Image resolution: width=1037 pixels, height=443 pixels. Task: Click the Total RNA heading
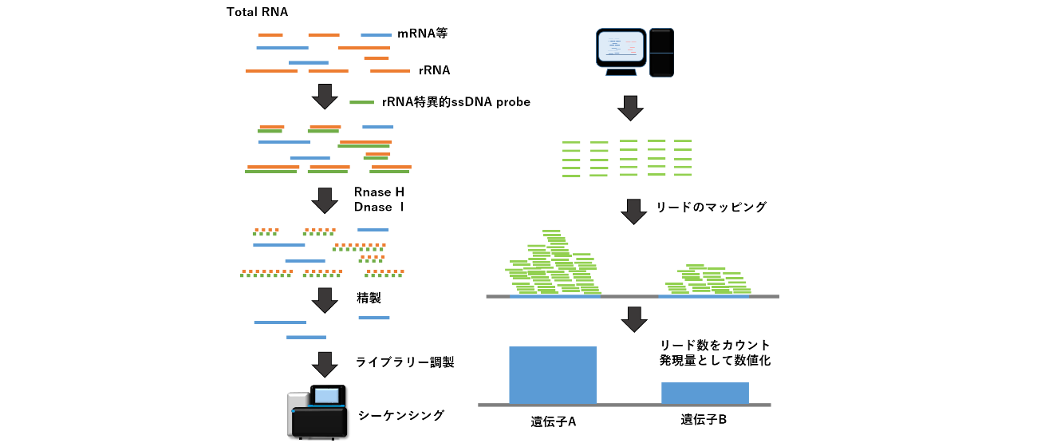[x=257, y=12]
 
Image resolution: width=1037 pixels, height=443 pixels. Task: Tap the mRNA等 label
[x=422, y=34]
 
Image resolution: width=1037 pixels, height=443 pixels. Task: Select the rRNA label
[x=434, y=70]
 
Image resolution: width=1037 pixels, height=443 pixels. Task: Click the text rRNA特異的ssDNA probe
[x=456, y=102]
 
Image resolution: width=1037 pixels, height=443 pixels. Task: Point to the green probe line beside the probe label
[x=361, y=102]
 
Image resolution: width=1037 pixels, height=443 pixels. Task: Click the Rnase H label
[x=379, y=192]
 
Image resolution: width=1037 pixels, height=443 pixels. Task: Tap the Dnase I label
[x=379, y=208]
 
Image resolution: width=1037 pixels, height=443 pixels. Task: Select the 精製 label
[x=369, y=298]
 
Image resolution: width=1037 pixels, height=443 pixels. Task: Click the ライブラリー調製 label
[x=404, y=362]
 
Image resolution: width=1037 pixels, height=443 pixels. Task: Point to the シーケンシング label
[x=401, y=415]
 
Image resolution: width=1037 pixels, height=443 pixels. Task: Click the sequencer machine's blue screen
[x=327, y=396]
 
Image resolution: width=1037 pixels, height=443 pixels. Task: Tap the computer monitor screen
[x=621, y=48]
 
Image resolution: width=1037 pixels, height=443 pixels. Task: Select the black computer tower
[x=661, y=53]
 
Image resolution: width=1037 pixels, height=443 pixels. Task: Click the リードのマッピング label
[x=711, y=208]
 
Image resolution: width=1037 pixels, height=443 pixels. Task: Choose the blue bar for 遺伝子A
[x=553, y=375]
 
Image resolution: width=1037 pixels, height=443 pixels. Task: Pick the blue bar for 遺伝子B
[x=705, y=393]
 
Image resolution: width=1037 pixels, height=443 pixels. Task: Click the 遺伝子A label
[x=554, y=421]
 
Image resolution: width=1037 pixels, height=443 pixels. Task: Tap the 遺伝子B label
[x=704, y=419]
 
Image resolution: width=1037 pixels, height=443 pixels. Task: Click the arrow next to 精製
[x=325, y=300]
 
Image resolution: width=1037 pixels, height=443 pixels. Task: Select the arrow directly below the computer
[x=630, y=109]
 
